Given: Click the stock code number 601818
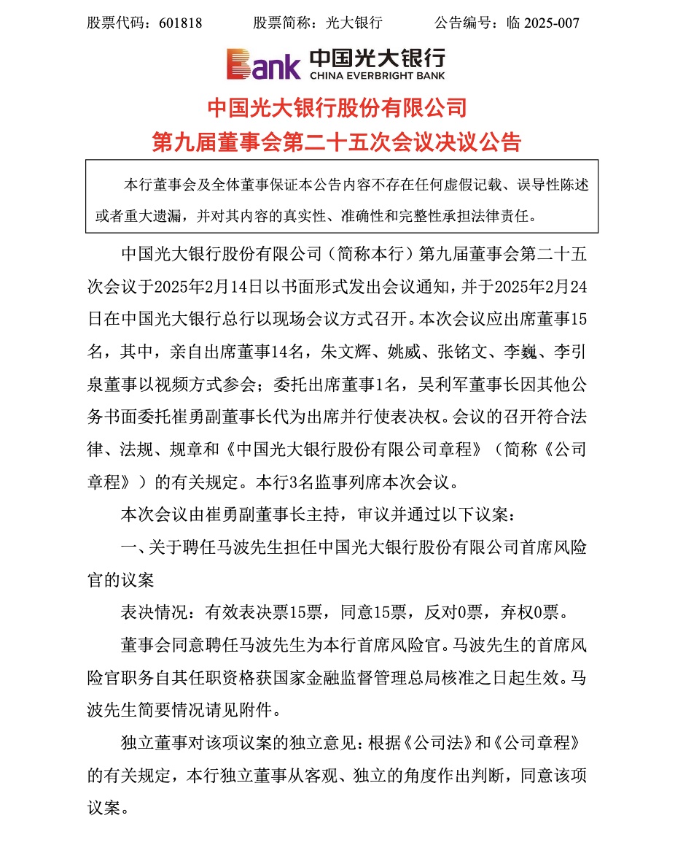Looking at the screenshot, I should click(x=180, y=23).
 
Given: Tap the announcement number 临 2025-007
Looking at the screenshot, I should click(x=542, y=23).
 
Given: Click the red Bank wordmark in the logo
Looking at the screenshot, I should click(x=262, y=64).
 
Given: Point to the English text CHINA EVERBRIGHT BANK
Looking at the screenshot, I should click(x=376, y=75).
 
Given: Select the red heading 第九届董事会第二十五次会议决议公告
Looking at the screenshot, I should click(x=337, y=142).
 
